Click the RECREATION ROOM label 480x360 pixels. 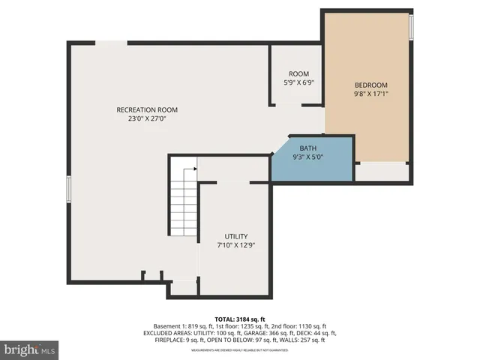(147, 109)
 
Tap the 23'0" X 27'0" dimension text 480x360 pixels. (147, 118)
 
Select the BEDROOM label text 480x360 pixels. (370, 85)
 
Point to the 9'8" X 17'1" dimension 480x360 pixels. (370, 94)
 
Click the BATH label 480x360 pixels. (307, 148)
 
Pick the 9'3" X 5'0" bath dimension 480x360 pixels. (307, 157)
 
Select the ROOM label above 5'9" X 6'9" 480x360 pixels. (298, 73)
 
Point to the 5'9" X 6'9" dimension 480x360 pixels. (298, 82)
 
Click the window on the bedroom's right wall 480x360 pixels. (411, 27)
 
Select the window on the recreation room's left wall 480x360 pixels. (68, 188)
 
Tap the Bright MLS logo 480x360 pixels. (30, 349)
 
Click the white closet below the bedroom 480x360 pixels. (382, 171)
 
